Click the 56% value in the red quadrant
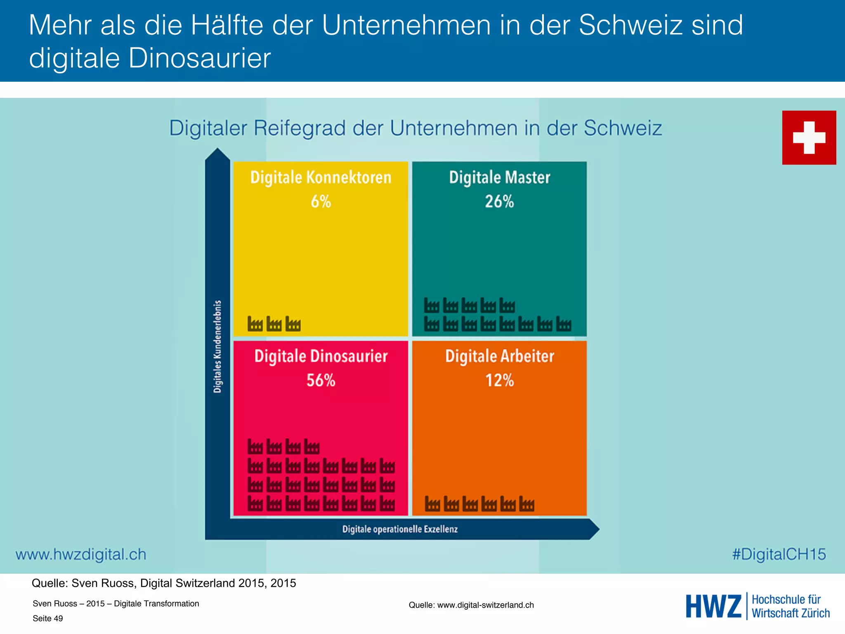tap(321, 380)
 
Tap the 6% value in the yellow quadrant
tap(321, 201)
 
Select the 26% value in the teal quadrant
tap(499, 201)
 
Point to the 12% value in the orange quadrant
tap(499, 380)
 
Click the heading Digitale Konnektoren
tap(321, 177)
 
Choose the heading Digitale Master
tap(499, 177)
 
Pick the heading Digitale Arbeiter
tap(499, 356)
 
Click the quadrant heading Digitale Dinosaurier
tap(321, 356)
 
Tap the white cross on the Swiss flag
tap(809, 137)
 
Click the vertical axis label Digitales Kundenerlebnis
tap(217, 347)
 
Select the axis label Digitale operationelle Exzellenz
tap(400, 529)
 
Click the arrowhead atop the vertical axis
tap(217, 155)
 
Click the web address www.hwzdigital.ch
tap(81, 554)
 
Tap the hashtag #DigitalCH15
tap(779, 554)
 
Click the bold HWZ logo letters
tap(713, 606)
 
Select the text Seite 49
tap(48, 618)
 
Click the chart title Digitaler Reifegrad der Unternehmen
tap(415, 128)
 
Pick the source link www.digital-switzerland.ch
tap(485, 605)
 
